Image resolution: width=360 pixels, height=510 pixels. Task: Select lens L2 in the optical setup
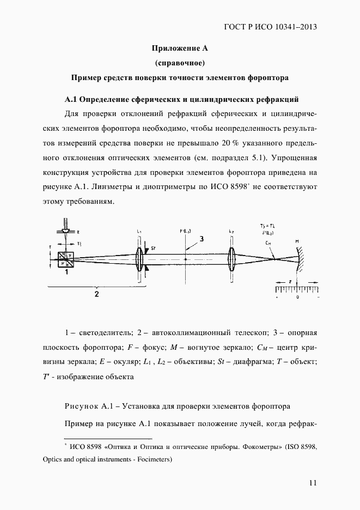233,259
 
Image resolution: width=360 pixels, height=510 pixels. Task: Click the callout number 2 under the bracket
96,295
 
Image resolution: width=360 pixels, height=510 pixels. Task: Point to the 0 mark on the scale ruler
297,298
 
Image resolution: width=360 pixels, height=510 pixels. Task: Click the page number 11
312,482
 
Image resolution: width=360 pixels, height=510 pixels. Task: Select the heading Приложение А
180,48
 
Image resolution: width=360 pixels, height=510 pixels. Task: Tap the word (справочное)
180,63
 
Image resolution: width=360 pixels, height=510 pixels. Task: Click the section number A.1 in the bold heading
72,99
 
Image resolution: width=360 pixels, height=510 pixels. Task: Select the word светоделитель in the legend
103,332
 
